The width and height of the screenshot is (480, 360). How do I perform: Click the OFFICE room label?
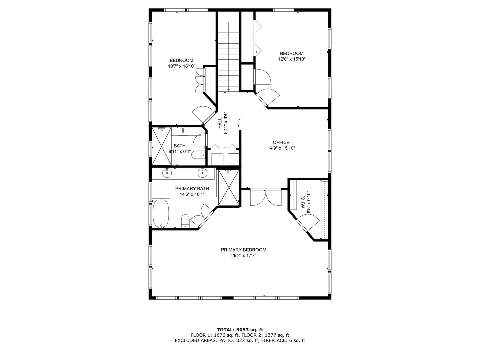tap(281, 142)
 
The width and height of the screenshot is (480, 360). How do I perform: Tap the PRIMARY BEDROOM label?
tap(243, 250)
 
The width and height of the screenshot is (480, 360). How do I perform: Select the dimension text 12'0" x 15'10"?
tap(292, 59)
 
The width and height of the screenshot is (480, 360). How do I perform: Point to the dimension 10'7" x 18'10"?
tap(182, 66)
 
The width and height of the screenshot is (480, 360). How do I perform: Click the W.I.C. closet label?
tap(303, 202)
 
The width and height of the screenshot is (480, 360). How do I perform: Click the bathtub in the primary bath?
tap(161, 213)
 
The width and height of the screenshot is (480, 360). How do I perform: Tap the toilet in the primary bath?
tap(185, 221)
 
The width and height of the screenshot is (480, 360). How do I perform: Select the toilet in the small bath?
tap(198, 155)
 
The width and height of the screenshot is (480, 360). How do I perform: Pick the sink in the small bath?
tap(183, 132)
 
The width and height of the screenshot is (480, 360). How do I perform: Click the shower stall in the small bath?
tap(162, 146)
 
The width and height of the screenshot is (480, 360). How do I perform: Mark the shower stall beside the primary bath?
tap(229, 188)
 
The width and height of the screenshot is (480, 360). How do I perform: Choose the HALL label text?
tap(220, 123)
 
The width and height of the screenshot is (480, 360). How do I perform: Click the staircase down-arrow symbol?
tap(229, 90)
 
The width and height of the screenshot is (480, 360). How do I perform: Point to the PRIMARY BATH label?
tap(192, 188)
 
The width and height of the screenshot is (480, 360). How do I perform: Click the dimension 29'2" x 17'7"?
tap(244, 255)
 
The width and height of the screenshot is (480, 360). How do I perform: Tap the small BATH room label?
tap(180, 146)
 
